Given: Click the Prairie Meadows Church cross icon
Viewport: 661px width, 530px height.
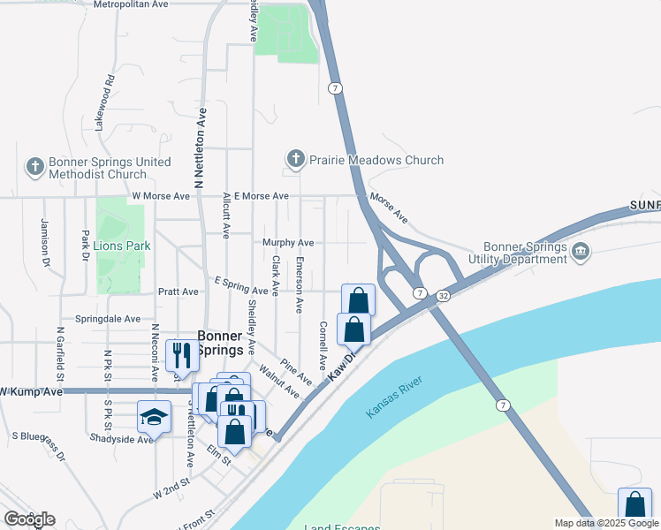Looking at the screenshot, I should pos(295,160).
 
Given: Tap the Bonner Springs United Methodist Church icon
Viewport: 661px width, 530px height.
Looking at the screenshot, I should pos(34,166).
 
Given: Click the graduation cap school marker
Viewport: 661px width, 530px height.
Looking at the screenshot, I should pos(154,416).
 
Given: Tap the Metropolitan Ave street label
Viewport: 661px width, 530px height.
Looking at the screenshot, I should pos(130,4).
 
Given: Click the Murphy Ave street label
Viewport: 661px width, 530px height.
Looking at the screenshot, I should pos(288,242).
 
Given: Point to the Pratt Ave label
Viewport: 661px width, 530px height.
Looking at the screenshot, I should pos(179,291).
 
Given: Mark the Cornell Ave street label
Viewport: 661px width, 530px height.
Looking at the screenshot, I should pos(323,345).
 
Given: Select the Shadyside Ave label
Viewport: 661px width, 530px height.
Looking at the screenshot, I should pos(121,438).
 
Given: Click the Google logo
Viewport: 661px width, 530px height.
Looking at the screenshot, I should pos(30,519).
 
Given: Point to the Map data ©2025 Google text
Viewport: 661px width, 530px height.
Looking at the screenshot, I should pos(605,523).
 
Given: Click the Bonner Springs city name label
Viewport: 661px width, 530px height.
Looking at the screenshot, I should pos(219,343).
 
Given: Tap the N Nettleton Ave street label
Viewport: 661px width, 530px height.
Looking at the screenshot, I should pos(201,149).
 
